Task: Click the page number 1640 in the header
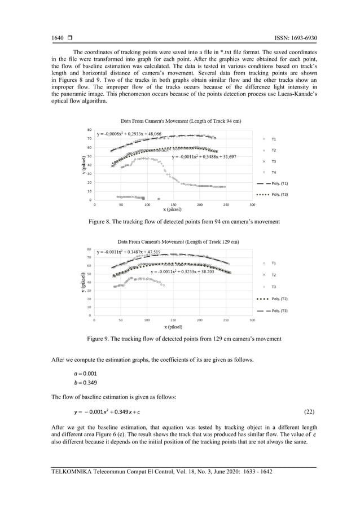[x=59, y=38]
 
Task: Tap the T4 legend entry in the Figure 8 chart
[x=274, y=172]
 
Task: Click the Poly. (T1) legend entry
[x=280, y=183]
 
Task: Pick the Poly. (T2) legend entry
[x=280, y=299]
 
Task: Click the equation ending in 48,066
[x=129, y=134]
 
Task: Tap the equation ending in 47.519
[x=129, y=252]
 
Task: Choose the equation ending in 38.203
[x=182, y=271]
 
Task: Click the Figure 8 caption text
[x=184, y=222]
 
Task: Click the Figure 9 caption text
[x=183, y=339]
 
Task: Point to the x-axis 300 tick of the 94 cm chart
[x=252, y=205]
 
